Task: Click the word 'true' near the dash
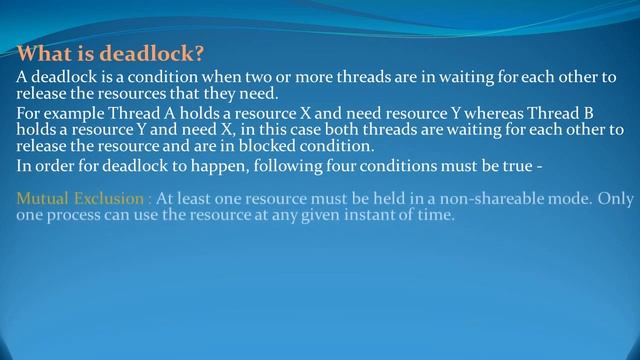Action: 519,166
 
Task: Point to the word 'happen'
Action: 225,166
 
